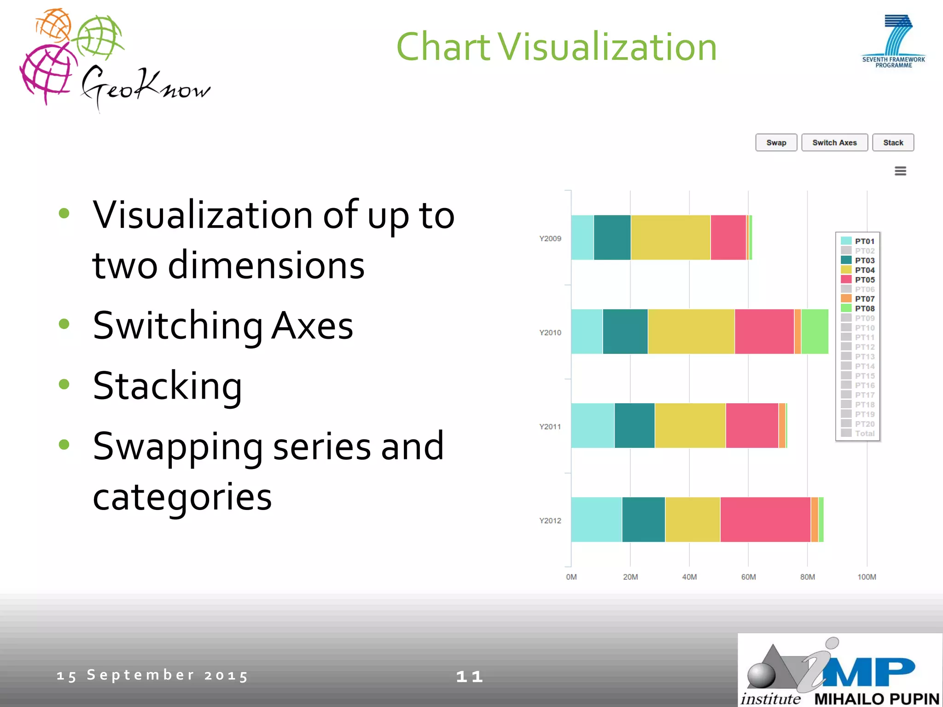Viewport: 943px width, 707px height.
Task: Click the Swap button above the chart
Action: point(776,143)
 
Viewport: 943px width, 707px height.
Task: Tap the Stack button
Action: point(893,143)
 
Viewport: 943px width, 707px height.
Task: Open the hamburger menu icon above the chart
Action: point(900,171)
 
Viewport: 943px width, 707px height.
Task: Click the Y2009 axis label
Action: point(550,238)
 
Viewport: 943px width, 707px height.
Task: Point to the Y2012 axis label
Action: point(550,521)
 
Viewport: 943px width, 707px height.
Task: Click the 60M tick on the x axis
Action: point(748,577)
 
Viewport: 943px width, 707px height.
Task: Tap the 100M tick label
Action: point(867,577)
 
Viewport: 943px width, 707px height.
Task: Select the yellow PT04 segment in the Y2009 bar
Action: point(670,238)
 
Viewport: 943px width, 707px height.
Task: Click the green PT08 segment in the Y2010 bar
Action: point(815,331)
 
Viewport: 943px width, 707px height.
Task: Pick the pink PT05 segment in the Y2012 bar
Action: point(765,520)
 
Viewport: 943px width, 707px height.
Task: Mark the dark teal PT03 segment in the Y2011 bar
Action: point(634,426)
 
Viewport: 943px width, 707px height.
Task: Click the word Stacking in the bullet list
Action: point(167,386)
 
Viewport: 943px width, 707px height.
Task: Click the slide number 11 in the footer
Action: point(469,676)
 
